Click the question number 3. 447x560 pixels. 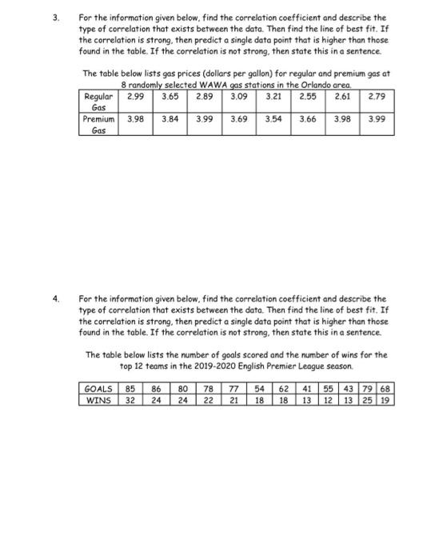coord(55,16)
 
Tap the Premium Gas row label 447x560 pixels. coord(98,123)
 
